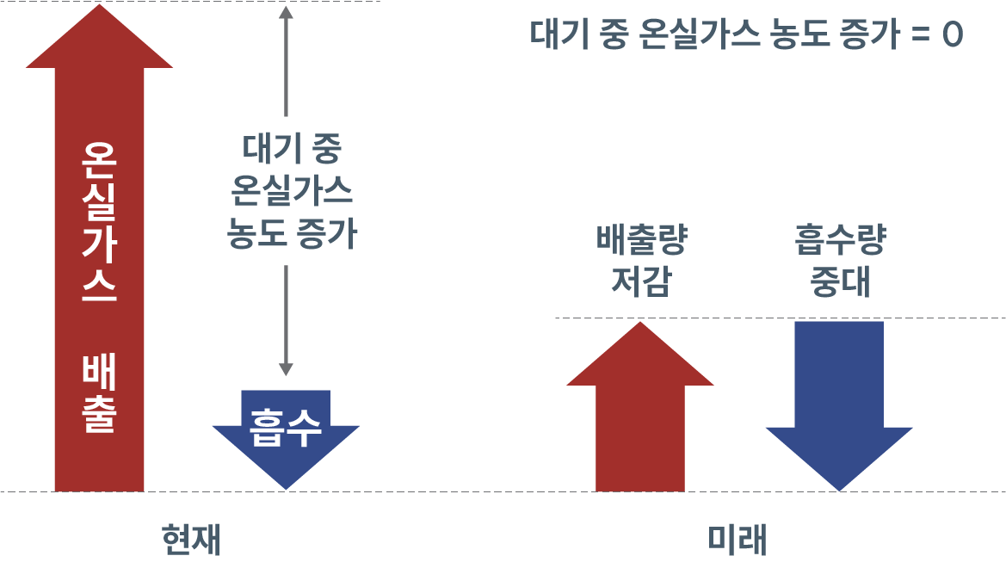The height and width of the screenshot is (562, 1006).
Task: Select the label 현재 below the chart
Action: coord(191,540)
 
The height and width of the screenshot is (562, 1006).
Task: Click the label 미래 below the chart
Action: coord(737,540)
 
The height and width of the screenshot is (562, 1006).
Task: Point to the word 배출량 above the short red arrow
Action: coord(641,243)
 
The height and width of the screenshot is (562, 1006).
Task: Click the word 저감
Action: coord(641,282)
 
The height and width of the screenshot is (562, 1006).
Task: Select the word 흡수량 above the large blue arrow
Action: coord(839,243)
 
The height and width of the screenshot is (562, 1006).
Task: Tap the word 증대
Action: coord(839,282)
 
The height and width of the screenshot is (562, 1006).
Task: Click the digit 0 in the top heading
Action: coord(952,37)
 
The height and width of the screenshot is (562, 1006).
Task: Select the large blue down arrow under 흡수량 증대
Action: coord(839,405)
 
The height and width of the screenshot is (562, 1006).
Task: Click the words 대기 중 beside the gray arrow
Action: coord(292,151)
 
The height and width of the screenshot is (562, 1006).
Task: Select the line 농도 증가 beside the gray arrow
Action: coord(292,234)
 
